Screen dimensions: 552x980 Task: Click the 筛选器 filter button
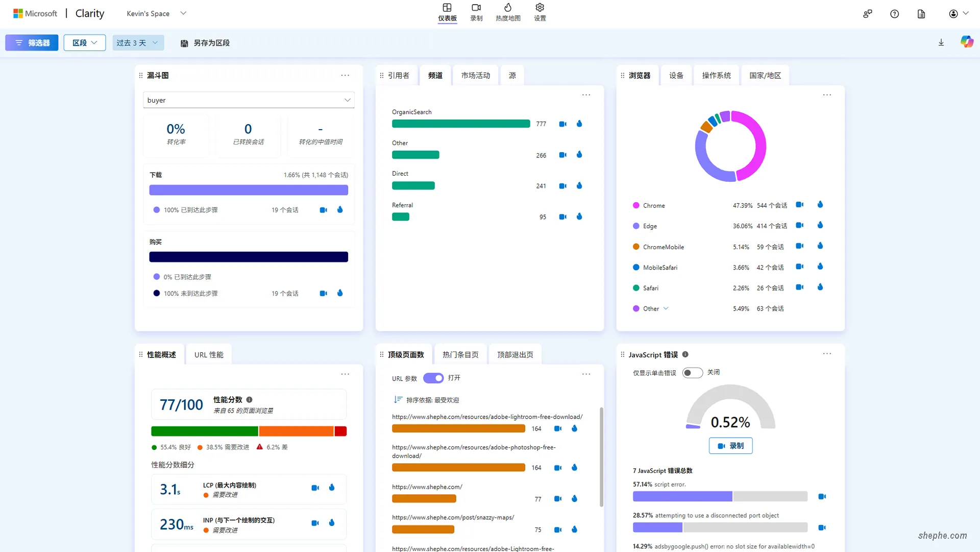pyautogui.click(x=32, y=43)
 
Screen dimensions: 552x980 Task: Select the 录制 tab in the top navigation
pyautogui.click(x=476, y=12)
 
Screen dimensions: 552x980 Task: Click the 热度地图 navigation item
pyautogui.click(x=508, y=12)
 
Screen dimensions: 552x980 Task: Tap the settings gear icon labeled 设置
pyautogui.click(x=540, y=12)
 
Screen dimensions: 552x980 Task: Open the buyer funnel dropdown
pyautogui.click(x=249, y=100)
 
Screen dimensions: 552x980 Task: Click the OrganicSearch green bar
pyautogui.click(x=461, y=124)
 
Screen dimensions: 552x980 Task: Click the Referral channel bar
pyautogui.click(x=401, y=217)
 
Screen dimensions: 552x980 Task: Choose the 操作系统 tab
pyautogui.click(x=716, y=76)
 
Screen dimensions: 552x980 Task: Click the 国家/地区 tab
pyautogui.click(x=765, y=76)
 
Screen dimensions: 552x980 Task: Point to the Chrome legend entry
pyautogui.click(x=653, y=205)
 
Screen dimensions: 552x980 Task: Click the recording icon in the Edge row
pyautogui.click(x=800, y=225)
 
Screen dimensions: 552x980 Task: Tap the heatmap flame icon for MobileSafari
pyautogui.click(x=820, y=267)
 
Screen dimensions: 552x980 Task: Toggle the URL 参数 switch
pyautogui.click(x=433, y=378)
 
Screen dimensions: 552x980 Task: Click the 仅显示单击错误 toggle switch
pyautogui.click(x=692, y=373)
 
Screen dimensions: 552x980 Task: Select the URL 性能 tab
pyautogui.click(x=209, y=355)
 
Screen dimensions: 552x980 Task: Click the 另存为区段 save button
pyautogui.click(x=205, y=43)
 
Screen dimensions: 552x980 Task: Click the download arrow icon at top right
pyautogui.click(x=941, y=43)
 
